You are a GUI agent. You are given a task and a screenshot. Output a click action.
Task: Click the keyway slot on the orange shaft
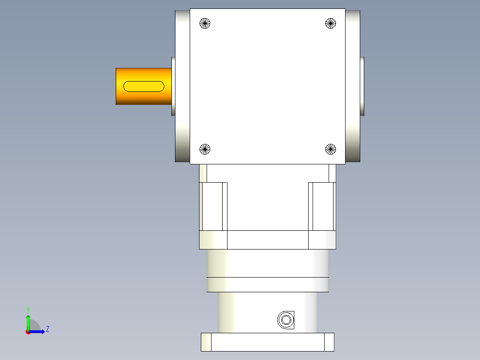pos(143,86)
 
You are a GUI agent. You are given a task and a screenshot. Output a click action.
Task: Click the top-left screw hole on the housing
pos(204,23)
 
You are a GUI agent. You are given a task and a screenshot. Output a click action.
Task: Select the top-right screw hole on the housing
pos(330,23)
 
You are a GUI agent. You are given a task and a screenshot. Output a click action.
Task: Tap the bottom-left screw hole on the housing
pos(204,149)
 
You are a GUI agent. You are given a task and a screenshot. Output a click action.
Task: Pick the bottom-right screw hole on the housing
pos(330,149)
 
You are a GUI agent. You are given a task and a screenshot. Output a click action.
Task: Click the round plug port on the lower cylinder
pos(285,319)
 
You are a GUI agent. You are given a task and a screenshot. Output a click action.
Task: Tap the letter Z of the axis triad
pos(47,330)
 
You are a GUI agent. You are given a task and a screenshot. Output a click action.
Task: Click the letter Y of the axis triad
pos(28,309)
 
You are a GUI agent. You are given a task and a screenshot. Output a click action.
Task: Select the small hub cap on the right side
pos(362,86)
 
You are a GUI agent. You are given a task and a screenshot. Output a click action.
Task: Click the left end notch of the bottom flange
pos(206,342)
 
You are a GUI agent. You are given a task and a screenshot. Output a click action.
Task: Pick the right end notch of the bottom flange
pos(329,342)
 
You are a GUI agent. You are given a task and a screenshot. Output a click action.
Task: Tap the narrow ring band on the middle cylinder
pos(268,284)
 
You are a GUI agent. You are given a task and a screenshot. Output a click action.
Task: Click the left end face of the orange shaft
pos(117,86)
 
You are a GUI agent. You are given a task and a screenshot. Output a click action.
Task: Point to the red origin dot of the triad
pos(28,332)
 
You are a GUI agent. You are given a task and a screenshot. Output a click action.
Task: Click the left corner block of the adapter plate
pos(213,240)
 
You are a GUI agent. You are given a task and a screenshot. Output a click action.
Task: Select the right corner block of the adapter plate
pos(322,240)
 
